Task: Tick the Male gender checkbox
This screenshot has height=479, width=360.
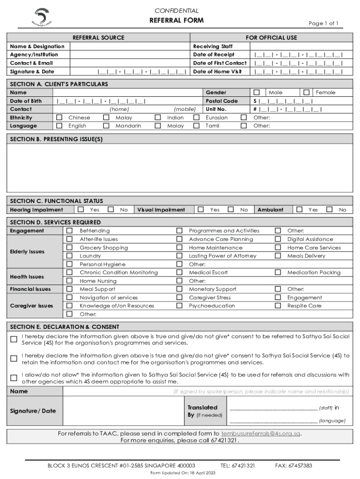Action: [257, 93]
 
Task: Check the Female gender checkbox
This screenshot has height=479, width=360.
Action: [307, 93]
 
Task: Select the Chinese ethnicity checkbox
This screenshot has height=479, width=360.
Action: [59, 118]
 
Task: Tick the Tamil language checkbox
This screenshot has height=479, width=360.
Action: [197, 126]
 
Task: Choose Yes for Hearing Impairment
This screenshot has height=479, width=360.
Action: [81, 210]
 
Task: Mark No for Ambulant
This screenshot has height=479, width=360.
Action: [330, 210]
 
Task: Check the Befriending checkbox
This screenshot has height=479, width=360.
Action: [70, 231]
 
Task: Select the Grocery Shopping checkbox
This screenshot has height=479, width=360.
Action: [70, 247]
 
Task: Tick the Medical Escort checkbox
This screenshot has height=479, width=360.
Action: [179, 272]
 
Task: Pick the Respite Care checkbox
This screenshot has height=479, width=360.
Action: [278, 306]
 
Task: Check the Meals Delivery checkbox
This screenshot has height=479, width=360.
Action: [278, 256]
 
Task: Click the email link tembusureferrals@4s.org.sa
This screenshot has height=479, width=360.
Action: [260, 434]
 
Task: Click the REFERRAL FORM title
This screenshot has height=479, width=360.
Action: [176, 21]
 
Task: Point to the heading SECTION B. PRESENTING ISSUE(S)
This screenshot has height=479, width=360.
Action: [56, 139]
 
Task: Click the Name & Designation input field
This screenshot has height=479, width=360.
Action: [130, 46]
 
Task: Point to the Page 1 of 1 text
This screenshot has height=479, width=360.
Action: [324, 23]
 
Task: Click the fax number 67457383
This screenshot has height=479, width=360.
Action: [300, 466]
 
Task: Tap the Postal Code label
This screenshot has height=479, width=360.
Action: [222, 101]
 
